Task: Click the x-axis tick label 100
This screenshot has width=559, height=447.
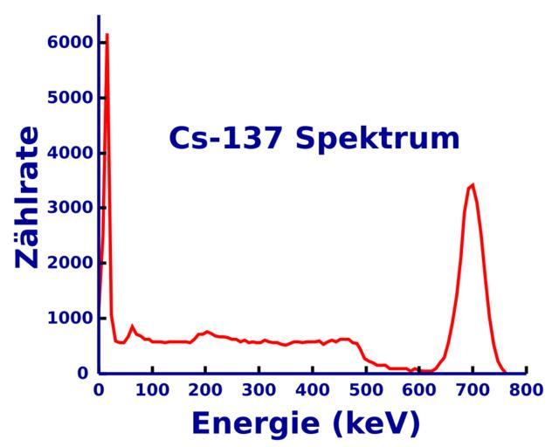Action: pyautogui.click(x=152, y=389)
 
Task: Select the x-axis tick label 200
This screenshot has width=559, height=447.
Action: pyautogui.click(x=205, y=389)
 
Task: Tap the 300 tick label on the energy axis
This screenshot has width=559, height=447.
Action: pyautogui.click(x=259, y=389)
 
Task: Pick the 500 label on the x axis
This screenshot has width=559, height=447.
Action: pyautogui.click(x=366, y=389)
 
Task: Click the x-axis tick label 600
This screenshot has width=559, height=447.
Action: pyautogui.click(x=419, y=389)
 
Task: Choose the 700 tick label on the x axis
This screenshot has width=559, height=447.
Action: pyautogui.click(x=473, y=389)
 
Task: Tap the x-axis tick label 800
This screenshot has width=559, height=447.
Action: pyautogui.click(x=526, y=389)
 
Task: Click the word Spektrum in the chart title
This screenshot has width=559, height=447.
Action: pyautogui.click(x=377, y=140)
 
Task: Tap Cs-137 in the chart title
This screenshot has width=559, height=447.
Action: pyautogui.click(x=227, y=138)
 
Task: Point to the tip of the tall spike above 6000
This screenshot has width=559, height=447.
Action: pyautogui.click(x=107, y=35)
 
